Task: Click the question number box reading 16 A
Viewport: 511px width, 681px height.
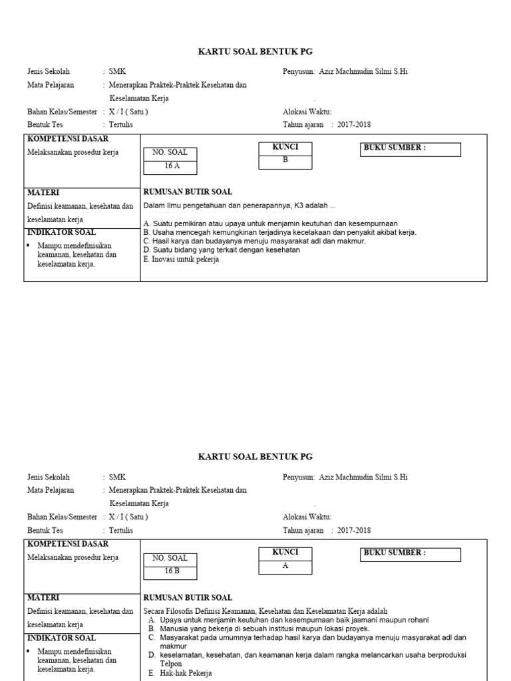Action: [172, 166]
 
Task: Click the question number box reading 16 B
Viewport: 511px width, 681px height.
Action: [172, 571]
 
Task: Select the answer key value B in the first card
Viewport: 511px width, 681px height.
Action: [285, 160]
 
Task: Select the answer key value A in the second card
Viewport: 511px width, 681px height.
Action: [285, 565]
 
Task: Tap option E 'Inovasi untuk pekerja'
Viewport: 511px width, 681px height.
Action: [181, 260]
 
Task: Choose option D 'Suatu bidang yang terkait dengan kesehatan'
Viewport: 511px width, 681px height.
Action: [222, 251]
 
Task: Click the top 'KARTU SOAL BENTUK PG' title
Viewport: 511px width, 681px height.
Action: [255, 52]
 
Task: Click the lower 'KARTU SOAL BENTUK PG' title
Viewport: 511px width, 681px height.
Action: [255, 457]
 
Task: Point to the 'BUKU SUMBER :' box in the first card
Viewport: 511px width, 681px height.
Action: [411, 150]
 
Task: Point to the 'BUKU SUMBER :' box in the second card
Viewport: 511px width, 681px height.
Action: [411, 555]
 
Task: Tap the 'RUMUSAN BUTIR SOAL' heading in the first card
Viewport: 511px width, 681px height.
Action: [188, 192]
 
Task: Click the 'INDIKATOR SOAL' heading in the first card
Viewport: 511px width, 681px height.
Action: [61, 232]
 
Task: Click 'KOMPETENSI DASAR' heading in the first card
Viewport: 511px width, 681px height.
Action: [67, 138]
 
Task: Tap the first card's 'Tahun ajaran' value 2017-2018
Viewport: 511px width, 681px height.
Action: [354, 124]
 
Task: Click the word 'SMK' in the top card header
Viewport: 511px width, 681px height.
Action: [117, 71]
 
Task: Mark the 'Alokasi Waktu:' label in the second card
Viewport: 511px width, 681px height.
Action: [307, 517]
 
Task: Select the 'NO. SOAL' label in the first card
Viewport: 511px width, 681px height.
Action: [170, 152]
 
